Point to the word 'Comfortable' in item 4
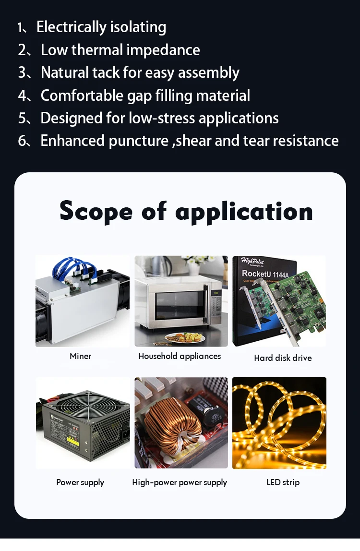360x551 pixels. (82, 96)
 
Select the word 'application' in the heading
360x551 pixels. (244, 212)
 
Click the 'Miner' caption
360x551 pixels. (80, 356)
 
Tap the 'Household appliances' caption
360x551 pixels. (180, 356)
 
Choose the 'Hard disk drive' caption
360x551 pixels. (283, 358)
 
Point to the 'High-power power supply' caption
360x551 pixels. (180, 482)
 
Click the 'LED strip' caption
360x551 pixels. (283, 482)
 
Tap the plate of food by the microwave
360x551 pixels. (185, 338)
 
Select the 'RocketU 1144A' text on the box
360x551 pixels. (265, 274)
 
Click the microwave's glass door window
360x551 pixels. (180, 305)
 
